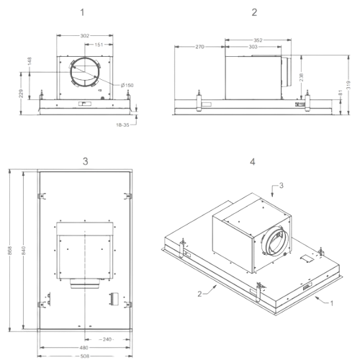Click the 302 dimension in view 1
[85, 36]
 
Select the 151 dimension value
[99, 45]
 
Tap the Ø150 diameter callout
[127, 85]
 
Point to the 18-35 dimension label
[122, 125]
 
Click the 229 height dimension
[22, 94]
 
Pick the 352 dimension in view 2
[258, 40]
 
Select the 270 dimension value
[199, 47]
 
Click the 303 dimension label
[253, 47]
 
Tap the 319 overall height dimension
[348, 85]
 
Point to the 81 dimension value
[341, 93]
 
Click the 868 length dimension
[10, 251]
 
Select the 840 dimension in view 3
[23, 251]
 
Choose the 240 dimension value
[107, 339]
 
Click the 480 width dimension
[84, 348]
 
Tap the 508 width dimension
[84, 356]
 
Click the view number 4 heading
[253, 162]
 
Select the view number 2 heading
[254, 12]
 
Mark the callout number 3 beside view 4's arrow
[282, 185]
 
